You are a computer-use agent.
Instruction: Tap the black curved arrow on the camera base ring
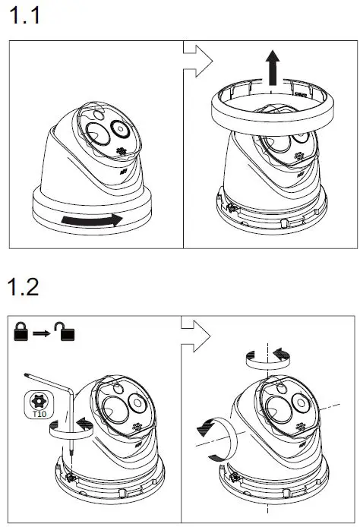click(x=92, y=220)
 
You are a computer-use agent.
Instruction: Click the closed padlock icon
click(x=21, y=332)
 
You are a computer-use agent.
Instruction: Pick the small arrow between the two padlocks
click(x=44, y=333)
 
